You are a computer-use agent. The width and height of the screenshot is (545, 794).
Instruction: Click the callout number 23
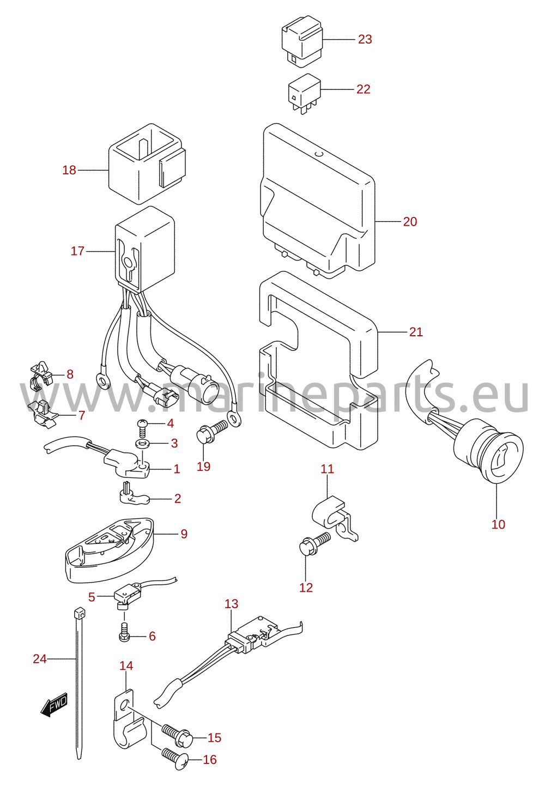[x=365, y=39]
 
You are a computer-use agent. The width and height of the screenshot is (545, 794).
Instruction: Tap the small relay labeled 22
[x=305, y=93]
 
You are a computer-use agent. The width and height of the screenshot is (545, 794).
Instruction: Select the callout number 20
[x=410, y=222]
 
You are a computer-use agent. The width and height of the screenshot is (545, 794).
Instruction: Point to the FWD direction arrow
[x=54, y=704]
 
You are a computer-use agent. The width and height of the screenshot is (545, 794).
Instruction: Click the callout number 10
[x=498, y=524]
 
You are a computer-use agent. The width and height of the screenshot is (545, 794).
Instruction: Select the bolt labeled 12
[x=315, y=544]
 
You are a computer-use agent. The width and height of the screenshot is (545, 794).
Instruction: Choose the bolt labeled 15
[x=177, y=734]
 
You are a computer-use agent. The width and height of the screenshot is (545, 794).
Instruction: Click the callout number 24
[x=40, y=659]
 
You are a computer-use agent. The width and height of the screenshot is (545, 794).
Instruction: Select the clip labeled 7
[x=42, y=415]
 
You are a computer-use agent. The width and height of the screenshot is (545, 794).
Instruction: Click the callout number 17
[x=77, y=251]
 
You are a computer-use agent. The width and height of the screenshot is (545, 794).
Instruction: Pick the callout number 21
[x=416, y=332]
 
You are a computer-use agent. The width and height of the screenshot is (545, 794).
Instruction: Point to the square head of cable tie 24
[x=80, y=613]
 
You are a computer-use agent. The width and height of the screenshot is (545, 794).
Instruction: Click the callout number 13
[x=231, y=604]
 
